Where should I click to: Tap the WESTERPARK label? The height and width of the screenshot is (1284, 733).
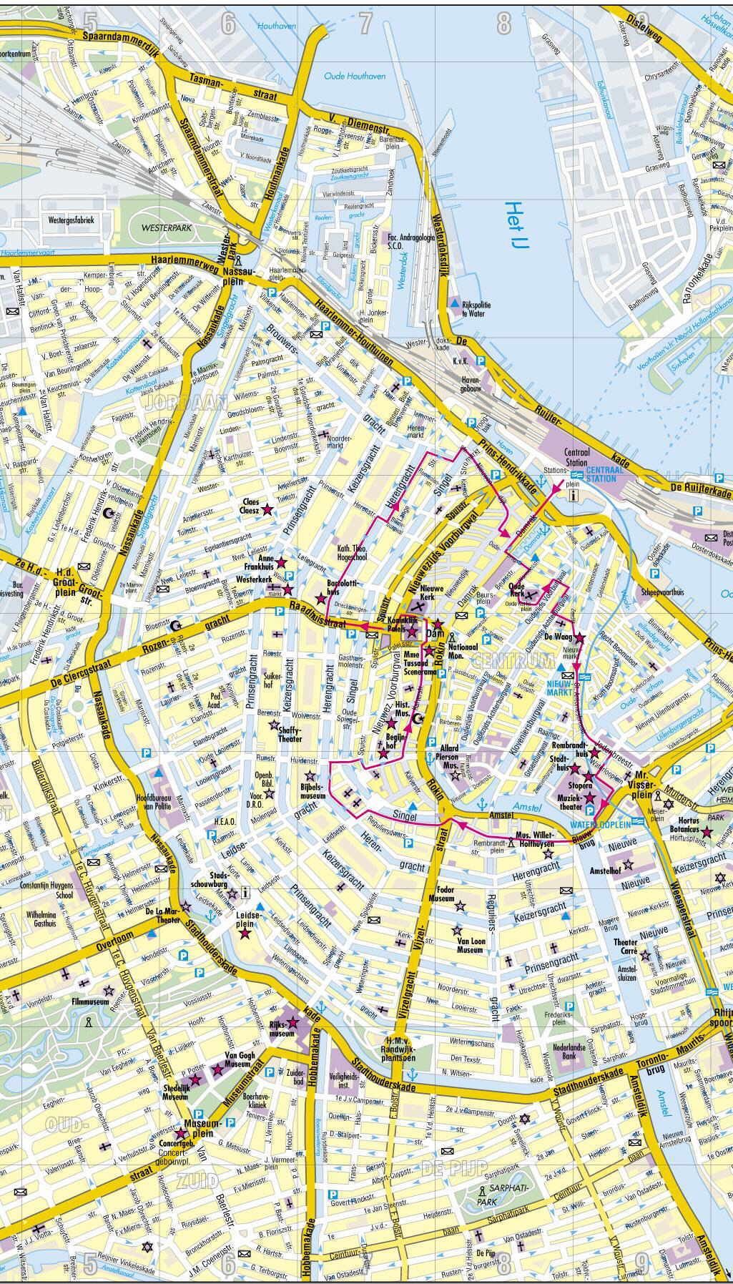point(163,231)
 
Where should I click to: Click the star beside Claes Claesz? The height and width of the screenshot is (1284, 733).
point(267,510)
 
